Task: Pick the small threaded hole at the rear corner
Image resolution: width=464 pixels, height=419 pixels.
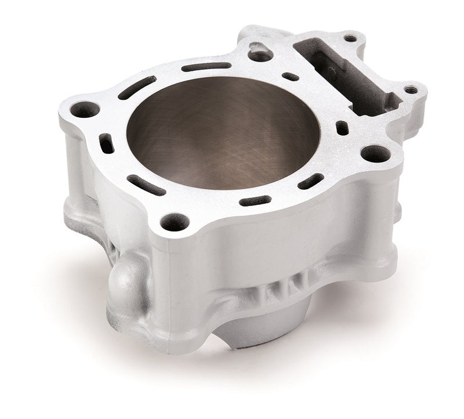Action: pyautogui.click(x=350, y=39)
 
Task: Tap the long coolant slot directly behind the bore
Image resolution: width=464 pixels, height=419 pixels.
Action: pyautogui.click(x=206, y=67)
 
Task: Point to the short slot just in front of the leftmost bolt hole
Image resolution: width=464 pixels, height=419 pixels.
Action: pyautogui.click(x=106, y=142)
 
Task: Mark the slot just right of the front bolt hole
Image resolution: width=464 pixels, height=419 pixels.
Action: pyautogui.click(x=255, y=201)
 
